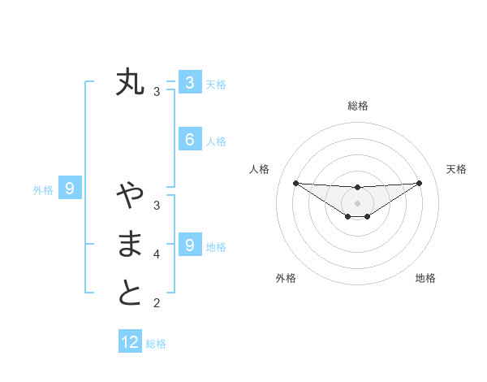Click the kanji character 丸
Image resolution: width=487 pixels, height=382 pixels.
(130, 82)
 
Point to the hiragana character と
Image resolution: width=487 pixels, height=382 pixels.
(130, 293)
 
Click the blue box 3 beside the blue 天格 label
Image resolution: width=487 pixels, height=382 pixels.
(189, 82)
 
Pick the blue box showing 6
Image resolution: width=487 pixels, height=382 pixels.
(189, 139)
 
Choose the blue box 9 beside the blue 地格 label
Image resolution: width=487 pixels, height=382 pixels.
(189, 245)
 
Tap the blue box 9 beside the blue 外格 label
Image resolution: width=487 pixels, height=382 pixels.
(70, 189)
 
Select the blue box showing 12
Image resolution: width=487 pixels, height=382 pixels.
(130, 342)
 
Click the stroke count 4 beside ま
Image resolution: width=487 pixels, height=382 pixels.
(157, 254)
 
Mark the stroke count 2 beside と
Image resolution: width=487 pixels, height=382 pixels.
(157, 304)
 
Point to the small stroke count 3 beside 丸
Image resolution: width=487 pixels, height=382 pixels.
(157, 92)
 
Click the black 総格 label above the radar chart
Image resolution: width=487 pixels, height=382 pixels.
(358, 106)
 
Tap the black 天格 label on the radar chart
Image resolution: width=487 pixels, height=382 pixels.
(456, 169)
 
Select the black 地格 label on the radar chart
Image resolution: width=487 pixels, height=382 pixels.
(425, 278)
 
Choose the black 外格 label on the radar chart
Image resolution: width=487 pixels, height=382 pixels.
(286, 278)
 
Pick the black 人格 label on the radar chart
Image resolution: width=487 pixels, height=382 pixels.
(259, 169)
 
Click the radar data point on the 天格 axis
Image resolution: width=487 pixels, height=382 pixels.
(419, 183)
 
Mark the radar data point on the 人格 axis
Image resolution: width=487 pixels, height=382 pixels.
(296, 183)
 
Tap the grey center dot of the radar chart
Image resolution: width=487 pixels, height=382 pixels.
(358, 202)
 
